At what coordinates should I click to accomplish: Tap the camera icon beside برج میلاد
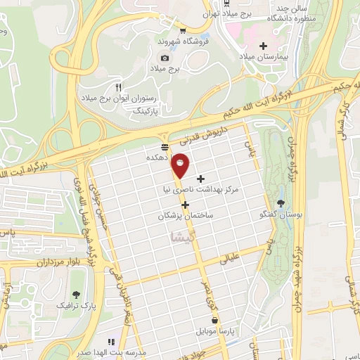click(x=165, y=58)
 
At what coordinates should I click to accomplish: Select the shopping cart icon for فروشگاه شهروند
click(x=184, y=30)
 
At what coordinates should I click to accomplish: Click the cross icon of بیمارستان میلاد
click(x=263, y=45)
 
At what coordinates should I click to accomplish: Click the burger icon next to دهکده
click(x=165, y=147)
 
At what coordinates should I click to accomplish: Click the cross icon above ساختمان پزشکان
click(x=186, y=205)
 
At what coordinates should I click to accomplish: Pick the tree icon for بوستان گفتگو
click(x=281, y=203)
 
